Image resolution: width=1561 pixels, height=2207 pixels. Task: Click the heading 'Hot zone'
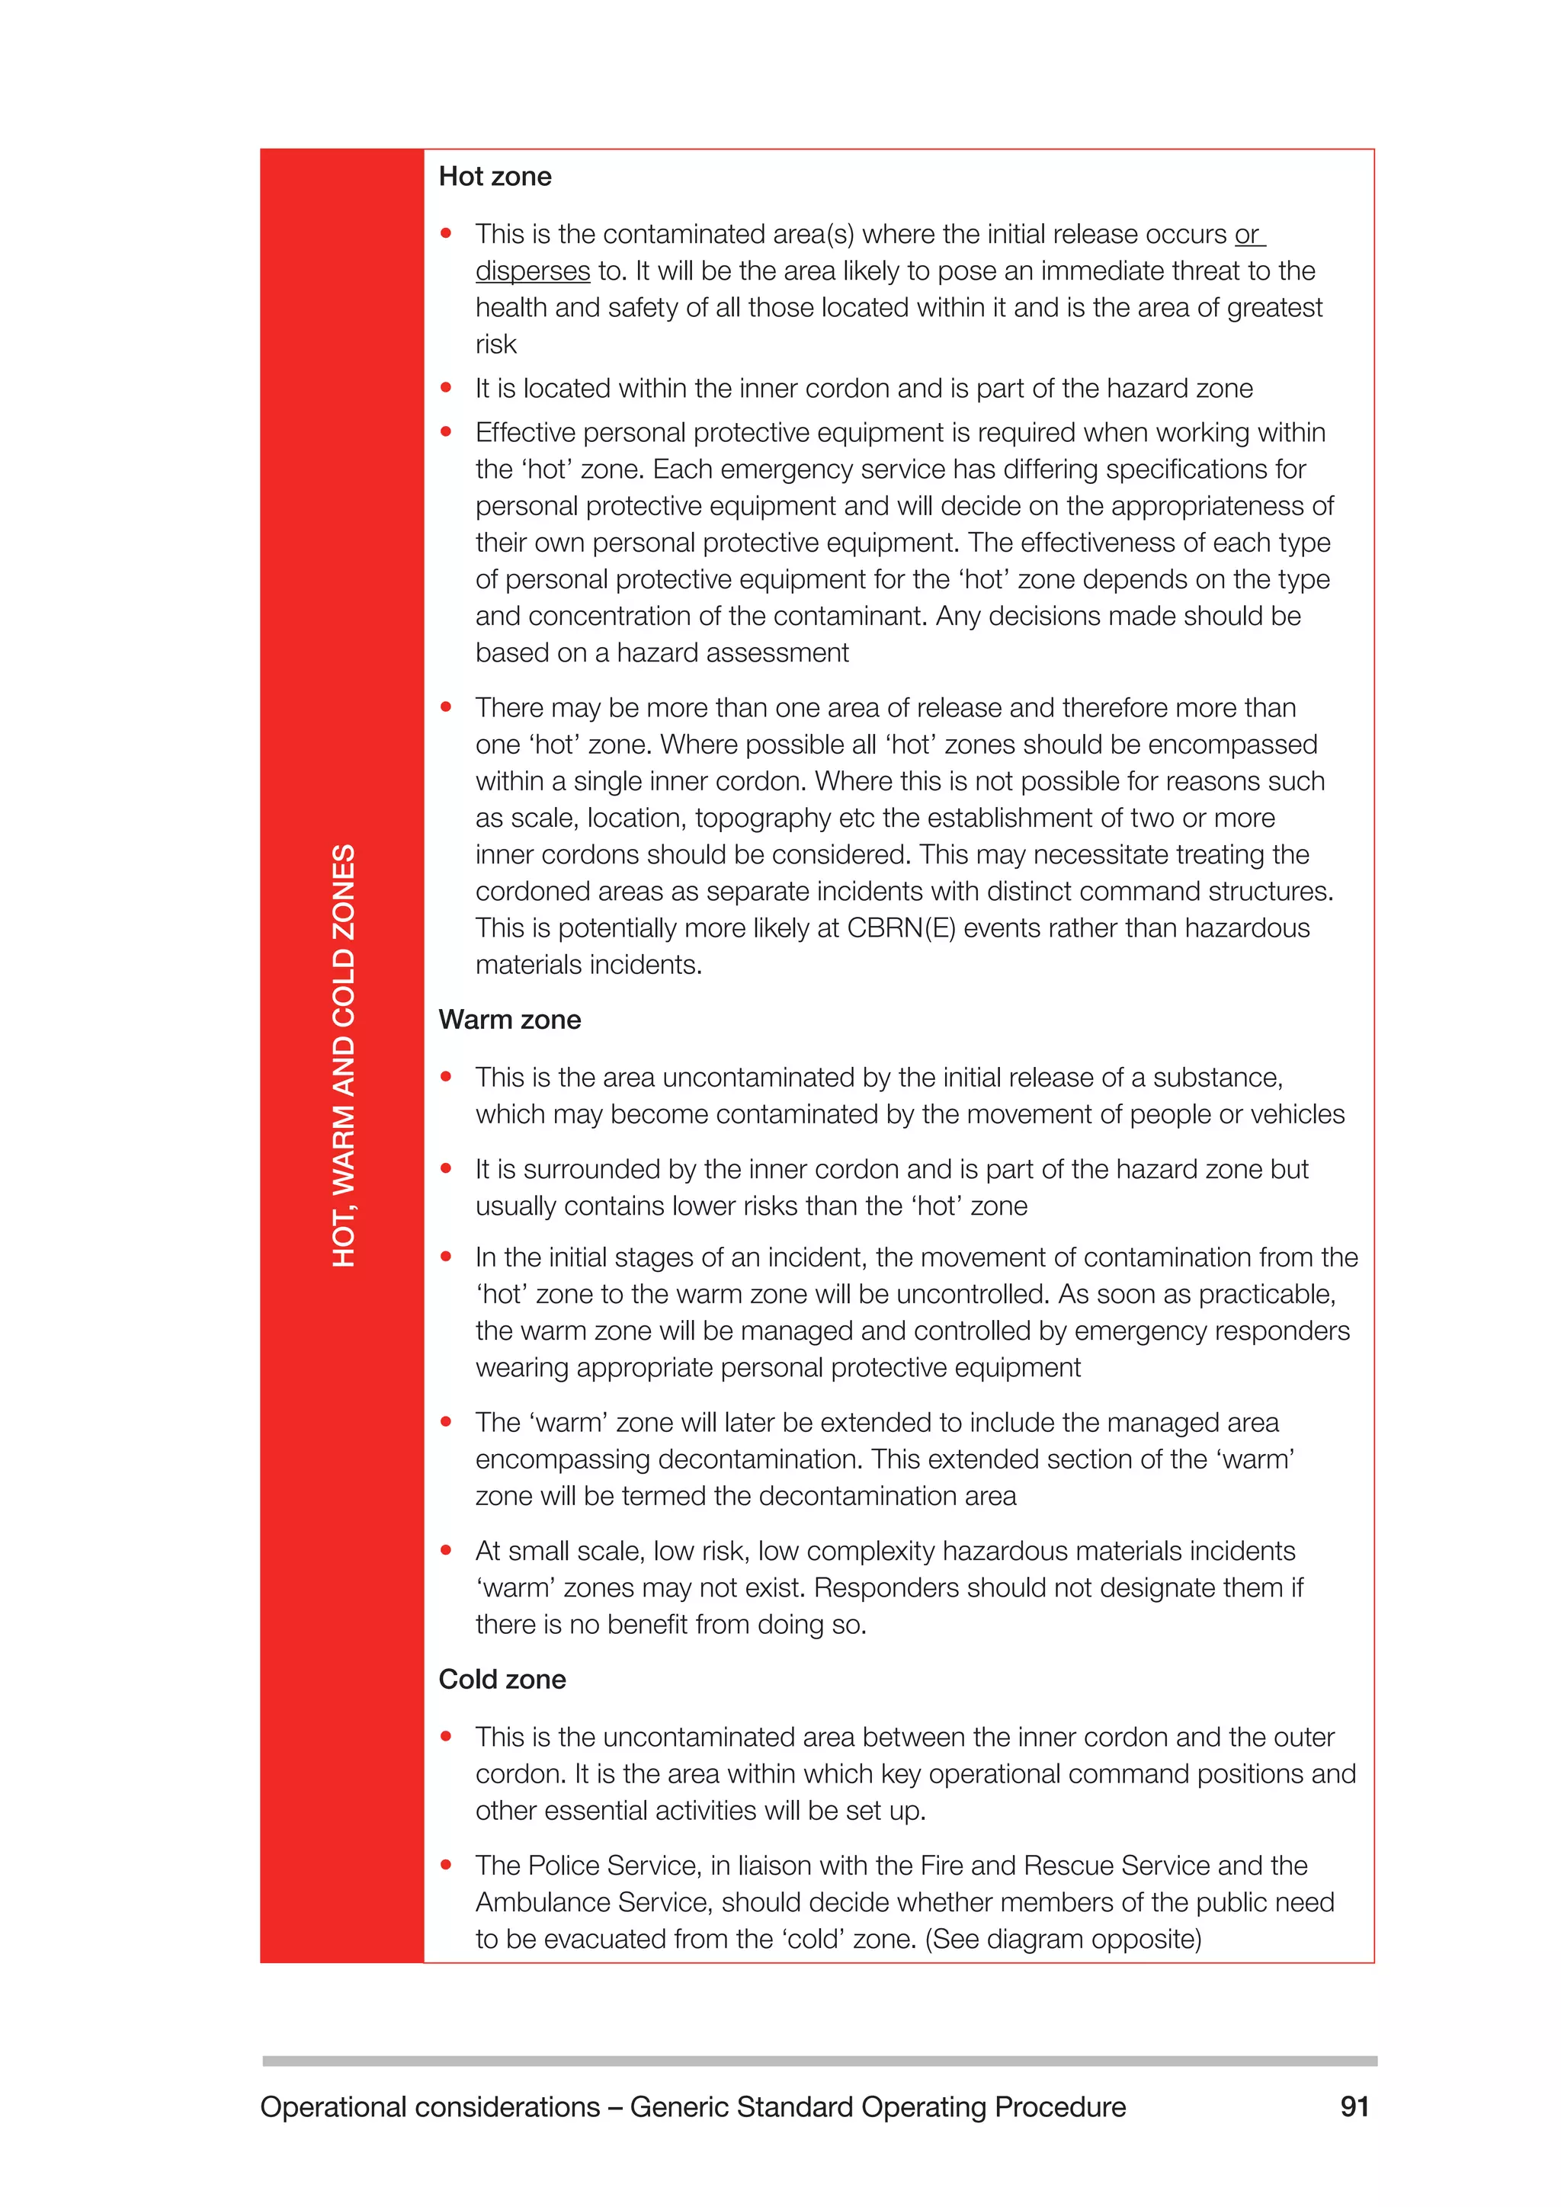pos(494,177)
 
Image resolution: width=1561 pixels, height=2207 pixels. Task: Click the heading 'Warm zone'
pos(509,1020)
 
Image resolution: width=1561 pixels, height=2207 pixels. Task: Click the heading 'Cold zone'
pos(502,1680)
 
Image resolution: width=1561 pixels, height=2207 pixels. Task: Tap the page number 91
pos(1354,2107)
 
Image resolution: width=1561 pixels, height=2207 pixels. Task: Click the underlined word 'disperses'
pos(533,271)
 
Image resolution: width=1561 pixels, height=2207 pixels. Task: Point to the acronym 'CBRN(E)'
pos(901,928)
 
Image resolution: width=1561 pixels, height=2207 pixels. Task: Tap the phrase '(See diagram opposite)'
pos(1063,1939)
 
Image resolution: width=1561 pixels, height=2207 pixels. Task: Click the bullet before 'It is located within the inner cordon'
pos(446,389)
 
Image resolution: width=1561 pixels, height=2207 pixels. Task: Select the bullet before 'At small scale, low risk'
pos(446,1551)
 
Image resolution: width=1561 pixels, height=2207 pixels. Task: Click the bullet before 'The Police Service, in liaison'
pos(446,1865)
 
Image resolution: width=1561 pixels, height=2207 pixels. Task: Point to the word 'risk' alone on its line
pos(496,344)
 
